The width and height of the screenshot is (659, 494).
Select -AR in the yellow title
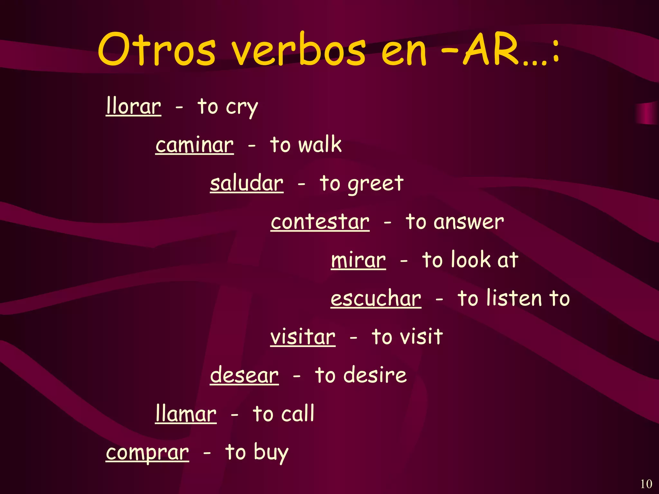point(492,50)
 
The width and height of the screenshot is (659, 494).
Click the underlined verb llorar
point(134,106)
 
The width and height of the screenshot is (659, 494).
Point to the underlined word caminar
point(194,145)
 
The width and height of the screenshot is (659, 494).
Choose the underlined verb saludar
point(246,183)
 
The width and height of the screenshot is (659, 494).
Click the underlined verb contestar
point(320,222)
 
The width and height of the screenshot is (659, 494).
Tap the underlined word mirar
point(358,260)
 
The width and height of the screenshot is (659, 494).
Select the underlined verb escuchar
point(376,298)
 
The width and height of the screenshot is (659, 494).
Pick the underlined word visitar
point(303,337)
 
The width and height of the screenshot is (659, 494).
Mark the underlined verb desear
point(244,375)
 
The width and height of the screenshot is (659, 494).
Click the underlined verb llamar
point(186,414)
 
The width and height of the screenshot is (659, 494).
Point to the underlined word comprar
point(147,453)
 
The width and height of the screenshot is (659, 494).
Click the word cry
point(242,107)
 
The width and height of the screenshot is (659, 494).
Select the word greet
point(376,184)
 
